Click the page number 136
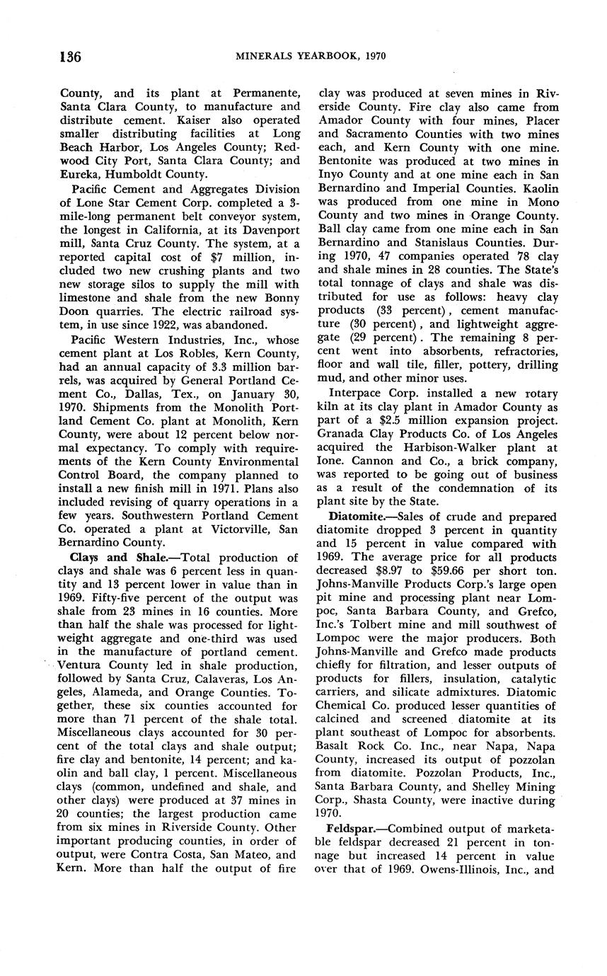coord(70,57)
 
